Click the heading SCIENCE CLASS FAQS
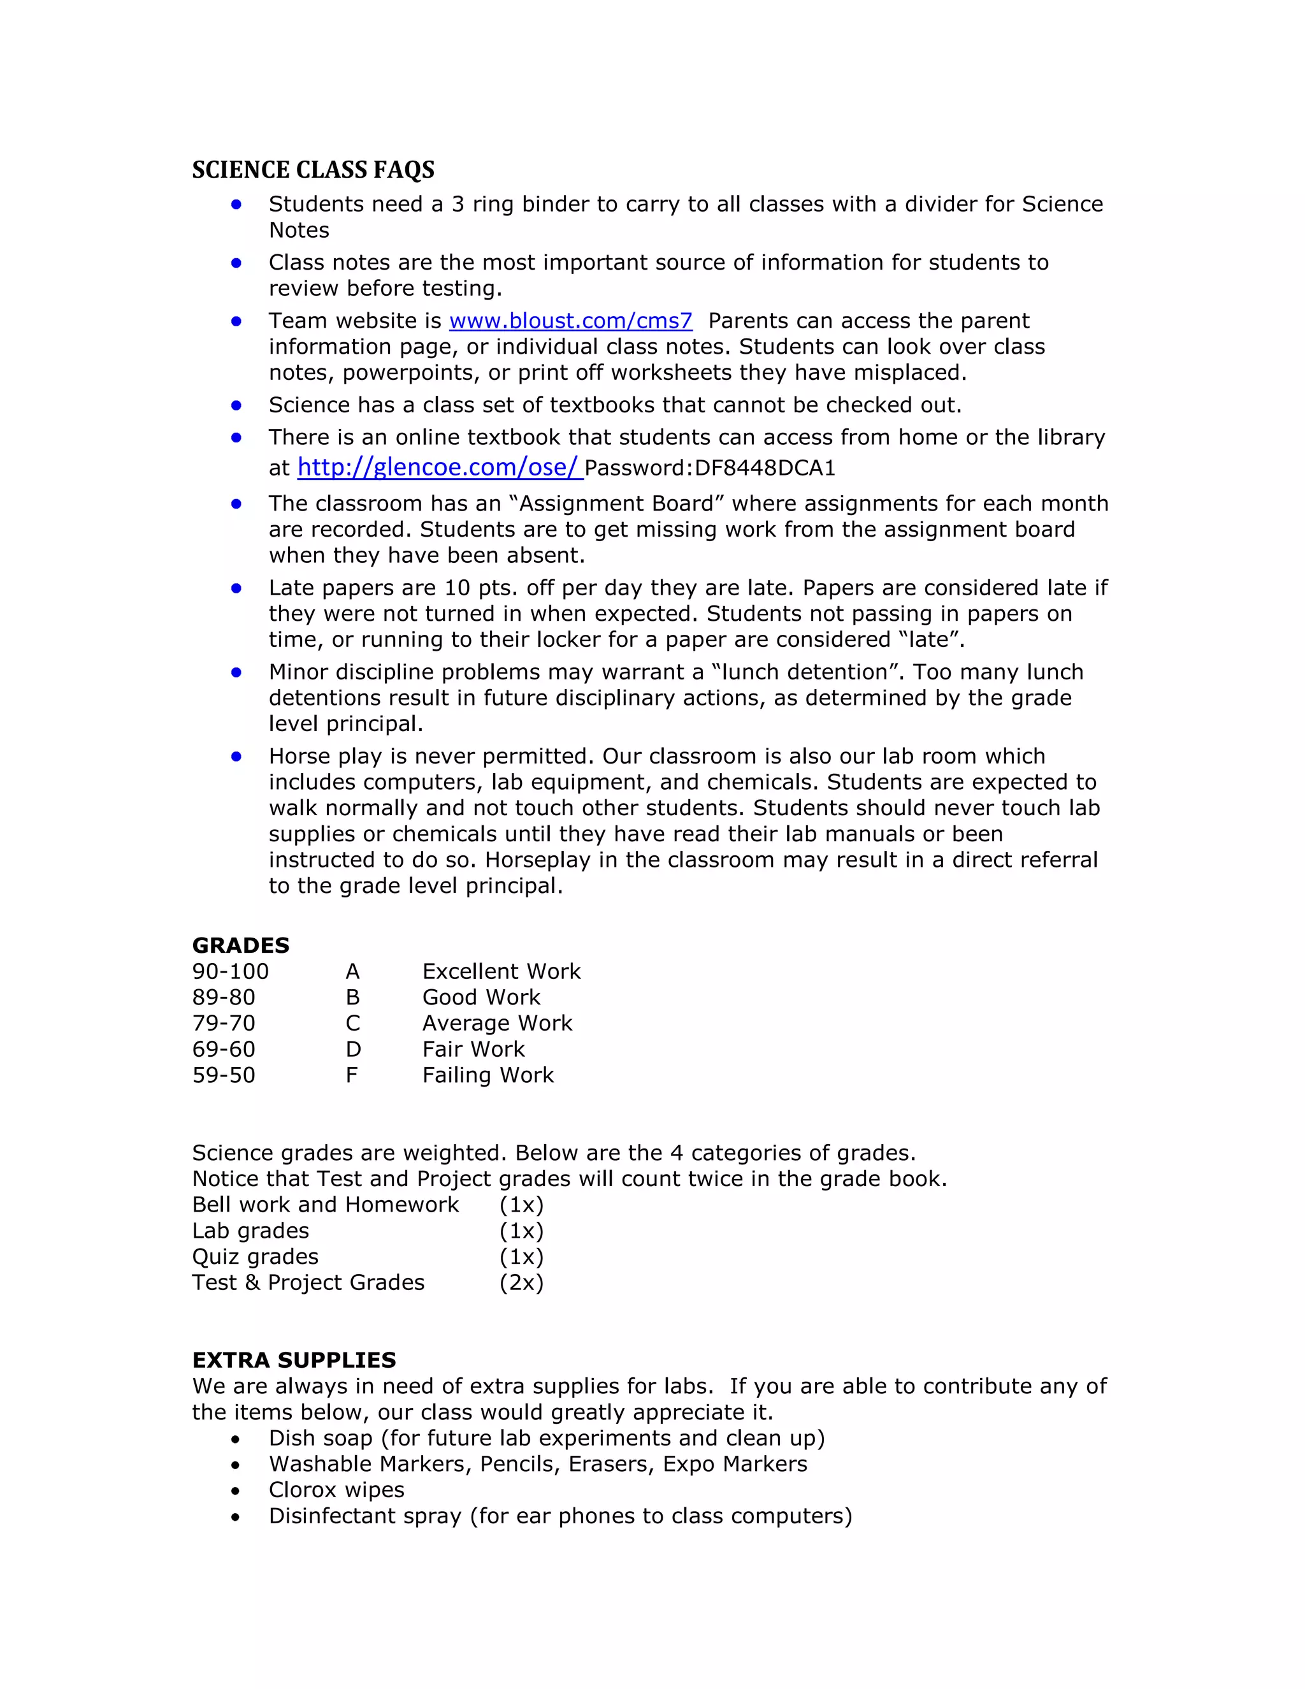[313, 170]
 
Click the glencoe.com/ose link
[438, 467]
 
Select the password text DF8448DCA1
[765, 468]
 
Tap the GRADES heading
[240, 945]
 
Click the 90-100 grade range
[231, 971]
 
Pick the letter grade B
[352, 997]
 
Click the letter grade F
[352, 1075]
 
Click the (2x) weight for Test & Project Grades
[521, 1282]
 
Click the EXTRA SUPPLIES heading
[294, 1359]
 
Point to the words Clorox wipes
[336, 1490]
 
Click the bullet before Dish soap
[235, 1439]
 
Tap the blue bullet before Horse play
[236, 757]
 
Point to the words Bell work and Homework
[326, 1205]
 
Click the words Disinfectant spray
[365, 1516]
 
